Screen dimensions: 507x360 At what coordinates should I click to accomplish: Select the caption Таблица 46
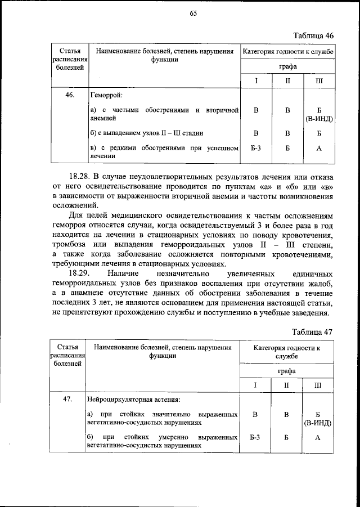pyautogui.click(x=313, y=35)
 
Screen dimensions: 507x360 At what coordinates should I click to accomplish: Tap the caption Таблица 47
pyautogui.click(x=313, y=332)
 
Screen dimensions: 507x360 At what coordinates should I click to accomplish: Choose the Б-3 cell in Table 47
pyautogui.click(x=255, y=437)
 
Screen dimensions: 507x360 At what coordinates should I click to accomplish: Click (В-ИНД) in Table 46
pyautogui.click(x=319, y=119)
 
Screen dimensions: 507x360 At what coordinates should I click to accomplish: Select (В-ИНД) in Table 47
pyautogui.click(x=318, y=422)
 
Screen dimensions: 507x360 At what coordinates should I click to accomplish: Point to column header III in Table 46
pyautogui.click(x=319, y=81)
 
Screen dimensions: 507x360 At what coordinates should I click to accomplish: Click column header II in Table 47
pyautogui.click(x=286, y=385)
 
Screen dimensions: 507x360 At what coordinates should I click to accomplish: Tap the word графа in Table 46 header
pyautogui.click(x=287, y=66)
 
